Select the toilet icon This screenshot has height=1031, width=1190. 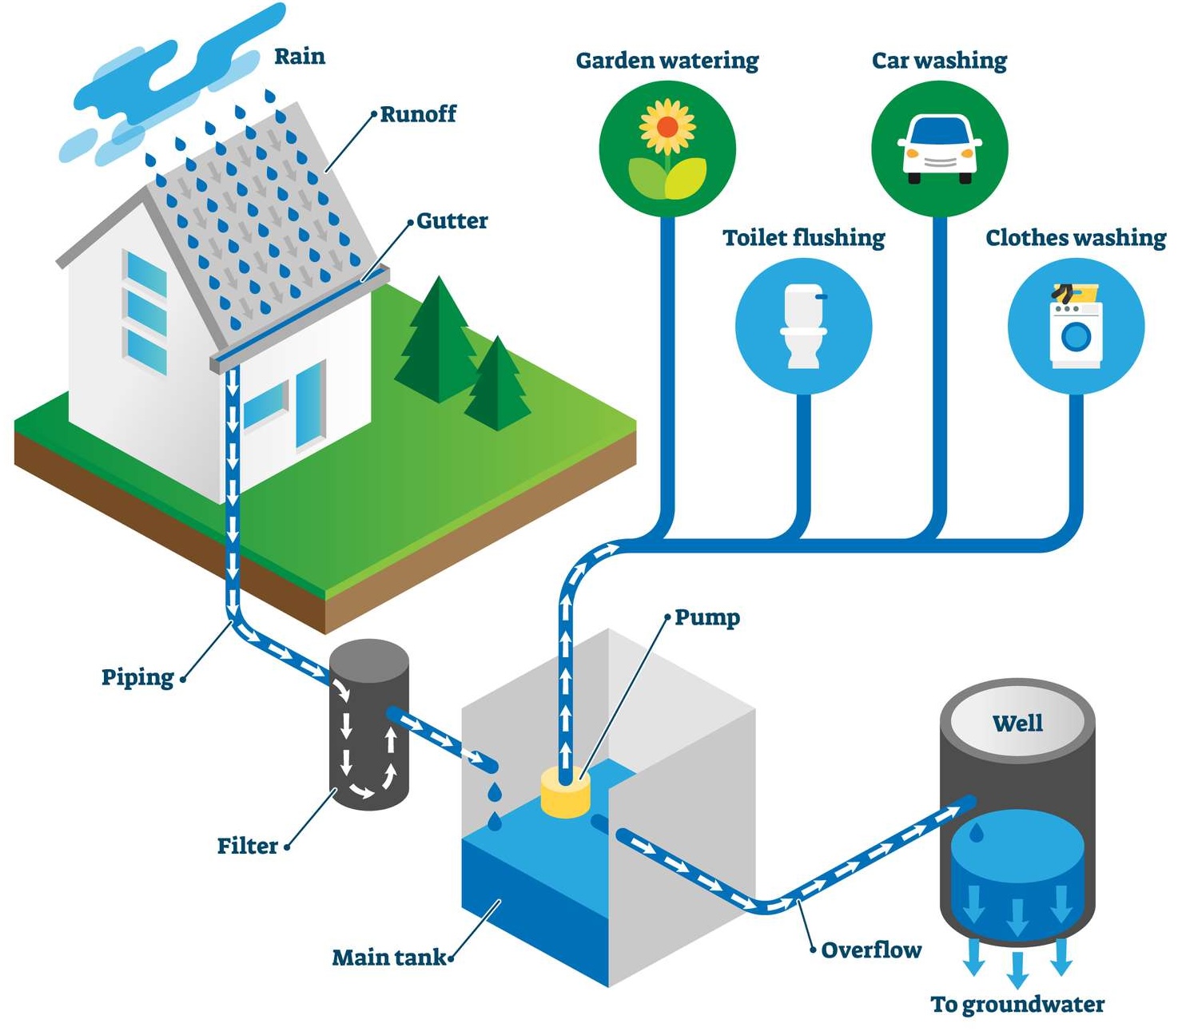803,326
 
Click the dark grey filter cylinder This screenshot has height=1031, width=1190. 368,727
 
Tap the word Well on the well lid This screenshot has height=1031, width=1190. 1017,724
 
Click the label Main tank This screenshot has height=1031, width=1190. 389,957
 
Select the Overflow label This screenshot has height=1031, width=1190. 871,950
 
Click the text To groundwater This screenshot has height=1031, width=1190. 1017,1004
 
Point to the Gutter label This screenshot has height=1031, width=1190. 452,220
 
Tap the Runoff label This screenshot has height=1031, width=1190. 418,114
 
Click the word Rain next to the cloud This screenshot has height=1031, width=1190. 300,57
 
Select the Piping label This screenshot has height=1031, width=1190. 137,677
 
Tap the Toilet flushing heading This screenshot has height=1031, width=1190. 803,238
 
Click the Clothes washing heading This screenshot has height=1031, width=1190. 1075,238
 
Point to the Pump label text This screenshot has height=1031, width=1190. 707,617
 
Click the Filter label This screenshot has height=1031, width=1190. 248,846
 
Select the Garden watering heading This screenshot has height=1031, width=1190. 667,61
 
